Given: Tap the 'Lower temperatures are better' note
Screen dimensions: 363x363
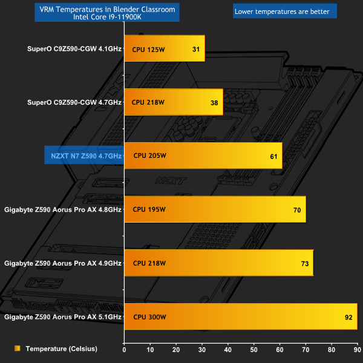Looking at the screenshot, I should [277, 10].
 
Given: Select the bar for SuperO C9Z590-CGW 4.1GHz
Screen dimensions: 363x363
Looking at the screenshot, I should [165, 48].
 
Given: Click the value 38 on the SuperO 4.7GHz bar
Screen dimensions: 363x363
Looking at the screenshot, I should [214, 103].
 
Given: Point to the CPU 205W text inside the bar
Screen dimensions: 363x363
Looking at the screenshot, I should [149, 156].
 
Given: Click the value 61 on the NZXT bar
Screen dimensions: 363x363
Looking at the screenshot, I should [273, 157].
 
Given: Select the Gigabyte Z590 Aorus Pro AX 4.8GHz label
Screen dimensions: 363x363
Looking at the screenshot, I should [63, 210].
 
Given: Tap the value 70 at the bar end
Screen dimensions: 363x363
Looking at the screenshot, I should [297, 210].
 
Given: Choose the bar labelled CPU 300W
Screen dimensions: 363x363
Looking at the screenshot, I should [240, 316].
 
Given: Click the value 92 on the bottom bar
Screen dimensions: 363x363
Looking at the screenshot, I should [348, 317].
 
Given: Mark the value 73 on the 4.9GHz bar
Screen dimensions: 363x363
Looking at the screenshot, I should [304, 263].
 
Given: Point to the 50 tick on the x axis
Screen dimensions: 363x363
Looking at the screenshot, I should [253, 350].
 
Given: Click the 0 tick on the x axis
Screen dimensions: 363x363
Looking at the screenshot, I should [124, 350].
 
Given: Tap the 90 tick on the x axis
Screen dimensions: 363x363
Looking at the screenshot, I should [357, 350].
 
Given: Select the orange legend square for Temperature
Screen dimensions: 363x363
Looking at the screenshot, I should [18, 348].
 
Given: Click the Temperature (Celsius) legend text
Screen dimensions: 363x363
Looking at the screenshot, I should [61, 348].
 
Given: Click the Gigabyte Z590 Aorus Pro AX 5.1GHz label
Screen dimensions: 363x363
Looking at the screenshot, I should [63, 316].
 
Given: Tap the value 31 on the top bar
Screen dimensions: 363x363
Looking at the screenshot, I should [196, 49].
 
